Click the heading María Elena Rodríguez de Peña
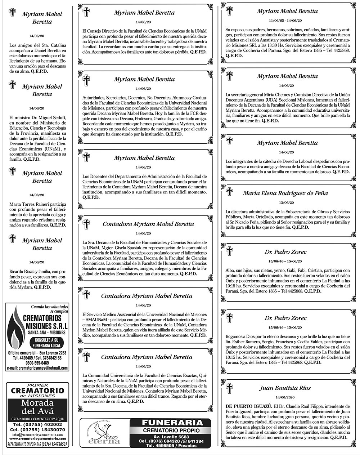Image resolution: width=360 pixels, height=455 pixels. click(285, 193)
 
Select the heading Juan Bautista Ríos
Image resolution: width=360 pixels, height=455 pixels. click(285, 388)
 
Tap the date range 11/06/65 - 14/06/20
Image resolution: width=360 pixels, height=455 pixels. click(285, 21)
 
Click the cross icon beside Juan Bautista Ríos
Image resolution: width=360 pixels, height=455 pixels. click(229, 388)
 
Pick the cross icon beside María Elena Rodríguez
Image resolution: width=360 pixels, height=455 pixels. click(229, 192)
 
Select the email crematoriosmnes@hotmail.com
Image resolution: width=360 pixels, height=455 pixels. click(37, 368)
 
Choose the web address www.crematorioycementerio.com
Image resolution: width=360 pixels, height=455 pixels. click(37, 439)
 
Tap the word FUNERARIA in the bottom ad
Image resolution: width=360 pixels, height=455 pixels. click(167, 423)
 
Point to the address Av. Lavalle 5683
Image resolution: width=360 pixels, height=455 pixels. click(167, 437)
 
